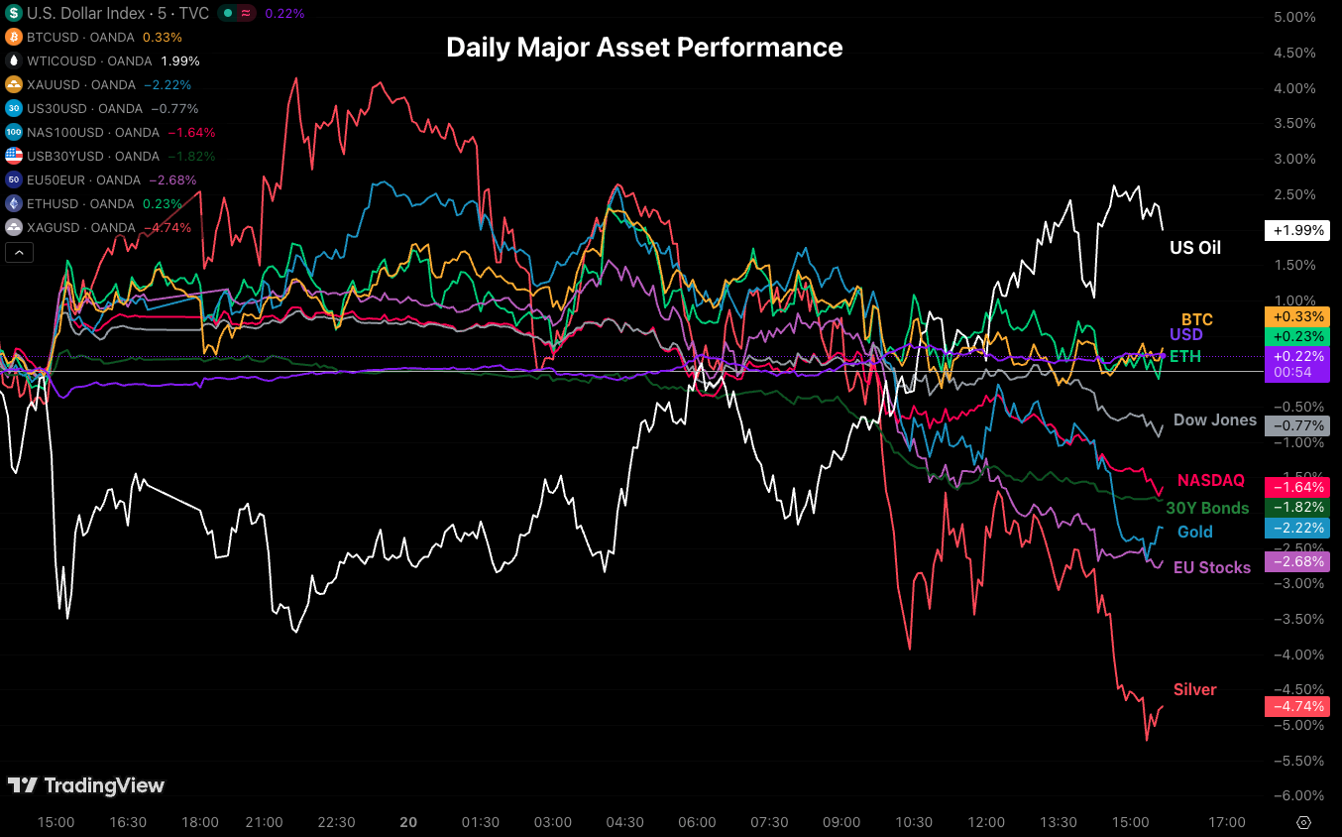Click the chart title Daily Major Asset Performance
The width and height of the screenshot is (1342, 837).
coord(644,48)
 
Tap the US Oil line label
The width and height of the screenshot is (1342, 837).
coord(1195,248)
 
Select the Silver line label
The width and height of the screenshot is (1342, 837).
coord(1194,689)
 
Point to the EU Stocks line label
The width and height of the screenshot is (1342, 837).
coord(1211,567)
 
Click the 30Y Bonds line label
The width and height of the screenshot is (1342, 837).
coord(1206,508)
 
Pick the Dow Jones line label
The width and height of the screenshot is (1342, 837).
coord(1214,419)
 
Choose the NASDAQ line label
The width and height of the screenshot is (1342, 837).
coord(1210,480)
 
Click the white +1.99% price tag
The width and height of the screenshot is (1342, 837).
coord(1296,230)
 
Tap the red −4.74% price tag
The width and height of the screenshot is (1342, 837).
coord(1296,706)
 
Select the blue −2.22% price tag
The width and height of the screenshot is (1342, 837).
coord(1296,528)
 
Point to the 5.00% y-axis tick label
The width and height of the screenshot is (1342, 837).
coord(1293,17)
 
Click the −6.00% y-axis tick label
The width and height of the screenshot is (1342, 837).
coord(1293,795)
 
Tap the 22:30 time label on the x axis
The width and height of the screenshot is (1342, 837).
coord(336,822)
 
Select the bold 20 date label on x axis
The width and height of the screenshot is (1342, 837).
coord(407,822)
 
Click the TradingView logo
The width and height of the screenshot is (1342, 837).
coord(86,785)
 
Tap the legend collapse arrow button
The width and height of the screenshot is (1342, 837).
coord(19,253)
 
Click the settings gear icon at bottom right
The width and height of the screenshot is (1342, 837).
coord(1304,822)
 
